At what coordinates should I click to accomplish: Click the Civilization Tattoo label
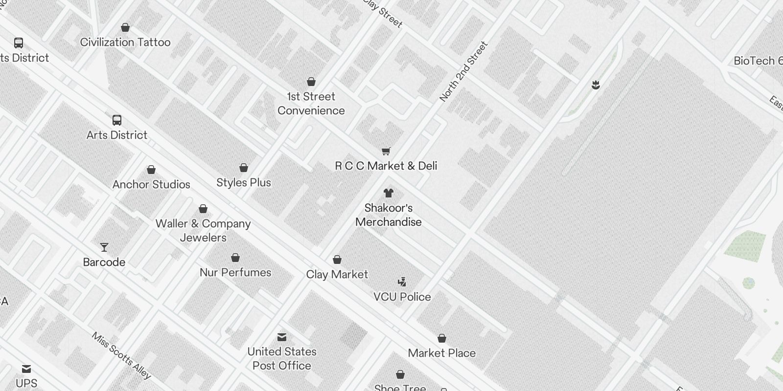tap(125, 43)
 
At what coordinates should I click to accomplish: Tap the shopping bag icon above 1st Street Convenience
tap(311, 82)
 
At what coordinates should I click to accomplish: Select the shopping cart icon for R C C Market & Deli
tap(386, 151)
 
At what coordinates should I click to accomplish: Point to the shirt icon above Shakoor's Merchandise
tap(389, 193)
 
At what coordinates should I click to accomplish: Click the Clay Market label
tap(337, 275)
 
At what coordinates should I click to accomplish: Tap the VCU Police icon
tap(402, 282)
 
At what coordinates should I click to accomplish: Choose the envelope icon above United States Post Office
tap(282, 337)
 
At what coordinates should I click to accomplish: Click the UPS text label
tap(26, 383)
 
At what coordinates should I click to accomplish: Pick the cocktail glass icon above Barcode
tap(104, 247)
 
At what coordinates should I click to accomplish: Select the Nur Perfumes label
tap(235, 272)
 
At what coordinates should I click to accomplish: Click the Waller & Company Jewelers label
tap(203, 230)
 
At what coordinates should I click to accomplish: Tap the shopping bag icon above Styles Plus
tap(244, 168)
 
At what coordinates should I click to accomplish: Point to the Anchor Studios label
tap(151, 184)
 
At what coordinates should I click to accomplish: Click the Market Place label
tap(441, 353)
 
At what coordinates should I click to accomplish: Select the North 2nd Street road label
tap(463, 72)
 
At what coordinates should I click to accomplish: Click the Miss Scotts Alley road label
tap(121, 356)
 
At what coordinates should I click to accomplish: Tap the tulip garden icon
tap(596, 86)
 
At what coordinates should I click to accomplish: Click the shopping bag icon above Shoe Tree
tap(400, 375)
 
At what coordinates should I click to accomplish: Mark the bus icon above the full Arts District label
tap(117, 120)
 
